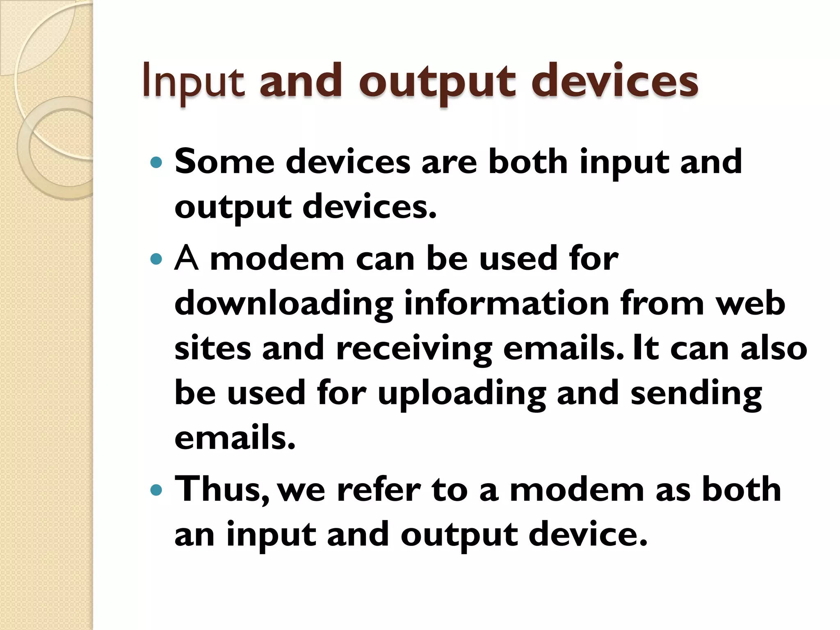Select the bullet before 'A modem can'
coord(156,259)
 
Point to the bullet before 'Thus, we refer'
coord(156,490)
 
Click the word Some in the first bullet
coord(224,162)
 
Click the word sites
coord(212,348)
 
